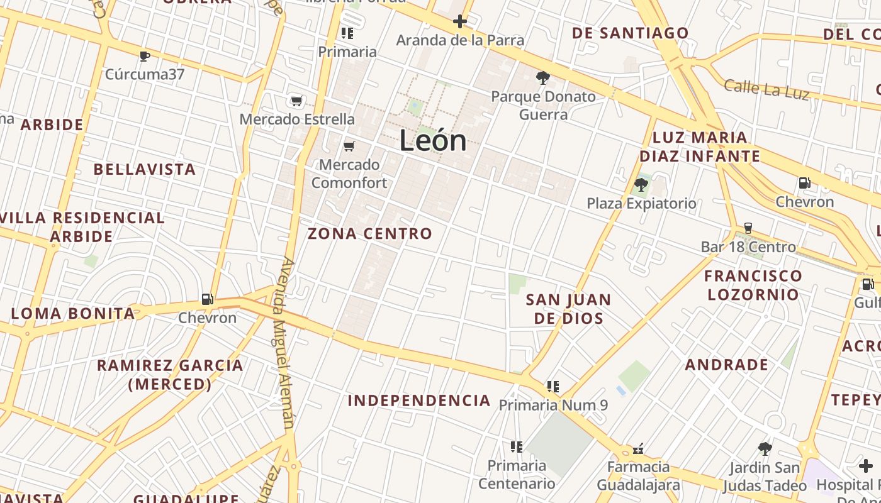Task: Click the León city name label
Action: pyautogui.click(x=433, y=141)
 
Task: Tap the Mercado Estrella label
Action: pyautogui.click(x=297, y=119)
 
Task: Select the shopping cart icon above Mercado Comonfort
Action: pyautogui.click(x=349, y=146)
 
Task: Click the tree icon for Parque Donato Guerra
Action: pyautogui.click(x=542, y=78)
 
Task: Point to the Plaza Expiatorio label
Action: pyautogui.click(x=641, y=203)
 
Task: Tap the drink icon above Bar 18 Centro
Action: pyautogui.click(x=748, y=228)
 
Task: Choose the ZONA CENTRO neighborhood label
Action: pyautogui.click(x=370, y=234)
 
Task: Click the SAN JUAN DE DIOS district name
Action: pyautogui.click(x=568, y=309)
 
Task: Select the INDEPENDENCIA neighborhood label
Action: pyautogui.click(x=419, y=401)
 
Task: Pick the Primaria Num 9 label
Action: pyautogui.click(x=553, y=405)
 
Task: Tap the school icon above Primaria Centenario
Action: pyautogui.click(x=517, y=447)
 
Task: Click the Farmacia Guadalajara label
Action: pyautogui.click(x=638, y=476)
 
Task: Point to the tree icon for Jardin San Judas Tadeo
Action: pyautogui.click(x=765, y=449)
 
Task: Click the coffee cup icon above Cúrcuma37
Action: pyautogui.click(x=145, y=57)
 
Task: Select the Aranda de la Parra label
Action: pyautogui.click(x=460, y=40)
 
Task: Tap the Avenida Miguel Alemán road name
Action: pyautogui.click(x=284, y=343)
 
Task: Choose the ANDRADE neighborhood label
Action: pyautogui.click(x=726, y=365)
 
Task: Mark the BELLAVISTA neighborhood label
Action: pyautogui.click(x=145, y=169)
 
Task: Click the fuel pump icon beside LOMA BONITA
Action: pyautogui.click(x=208, y=299)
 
